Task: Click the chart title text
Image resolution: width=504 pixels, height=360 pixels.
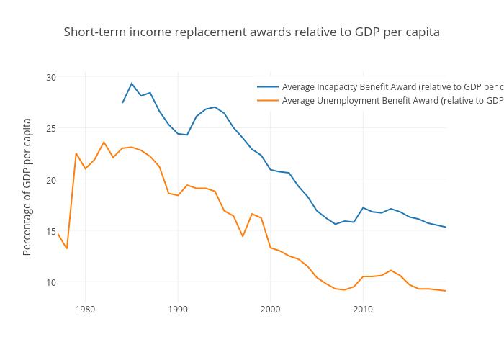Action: (251, 32)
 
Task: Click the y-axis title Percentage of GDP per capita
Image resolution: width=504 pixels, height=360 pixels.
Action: (27, 186)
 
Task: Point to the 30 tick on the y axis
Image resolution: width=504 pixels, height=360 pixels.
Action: (50, 77)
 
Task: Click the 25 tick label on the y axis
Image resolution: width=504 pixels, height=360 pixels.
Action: (50, 128)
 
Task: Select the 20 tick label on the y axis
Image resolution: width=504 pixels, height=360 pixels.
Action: (50, 179)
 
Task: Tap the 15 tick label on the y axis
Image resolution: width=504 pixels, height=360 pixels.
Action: (50, 231)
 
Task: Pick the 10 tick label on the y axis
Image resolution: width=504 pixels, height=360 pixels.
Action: (50, 282)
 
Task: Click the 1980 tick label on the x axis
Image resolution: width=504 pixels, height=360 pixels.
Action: (85, 310)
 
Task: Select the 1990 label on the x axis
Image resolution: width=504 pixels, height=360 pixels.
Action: (178, 310)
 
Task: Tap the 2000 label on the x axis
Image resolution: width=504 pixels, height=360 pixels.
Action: (271, 310)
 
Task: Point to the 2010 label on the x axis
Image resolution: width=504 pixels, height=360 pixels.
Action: (363, 310)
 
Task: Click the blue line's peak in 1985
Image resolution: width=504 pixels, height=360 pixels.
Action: (132, 84)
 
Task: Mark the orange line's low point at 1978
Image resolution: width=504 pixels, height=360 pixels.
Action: (67, 248)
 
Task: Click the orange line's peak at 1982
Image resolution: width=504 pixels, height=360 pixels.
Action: (104, 142)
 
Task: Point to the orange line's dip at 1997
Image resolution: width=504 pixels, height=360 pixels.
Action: (243, 236)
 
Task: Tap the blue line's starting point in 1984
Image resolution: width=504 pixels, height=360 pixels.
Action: (122, 102)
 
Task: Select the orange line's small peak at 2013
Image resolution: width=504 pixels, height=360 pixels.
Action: (391, 271)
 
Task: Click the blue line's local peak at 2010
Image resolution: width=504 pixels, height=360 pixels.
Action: (363, 207)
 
